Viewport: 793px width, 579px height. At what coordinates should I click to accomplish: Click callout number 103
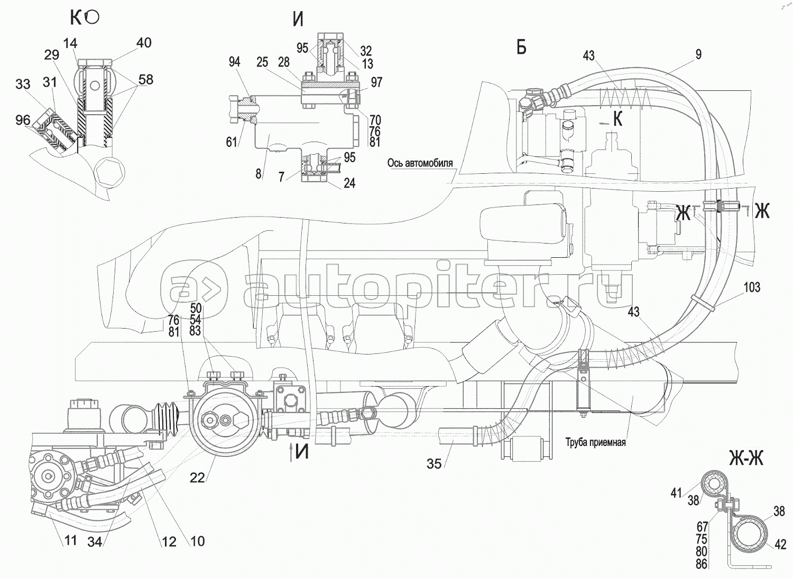coord(751,287)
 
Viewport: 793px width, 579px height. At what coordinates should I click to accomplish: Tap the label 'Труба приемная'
coord(595,442)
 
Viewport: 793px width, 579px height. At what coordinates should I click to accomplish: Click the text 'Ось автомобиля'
coord(420,163)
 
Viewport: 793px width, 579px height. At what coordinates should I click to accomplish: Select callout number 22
coord(197,478)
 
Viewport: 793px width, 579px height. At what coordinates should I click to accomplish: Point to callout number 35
coord(434,463)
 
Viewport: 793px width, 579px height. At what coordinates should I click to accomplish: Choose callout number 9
coord(698,54)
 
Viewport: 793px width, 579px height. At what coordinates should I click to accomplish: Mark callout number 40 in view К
coord(143,42)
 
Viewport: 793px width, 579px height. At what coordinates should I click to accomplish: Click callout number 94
coord(234,62)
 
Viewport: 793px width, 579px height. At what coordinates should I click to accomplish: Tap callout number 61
coord(231,142)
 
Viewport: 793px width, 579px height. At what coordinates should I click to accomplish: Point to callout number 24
coord(349,183)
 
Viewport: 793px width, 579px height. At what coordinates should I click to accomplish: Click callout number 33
coord(23,84)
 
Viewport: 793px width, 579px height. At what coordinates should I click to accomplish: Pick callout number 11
coord(70,540)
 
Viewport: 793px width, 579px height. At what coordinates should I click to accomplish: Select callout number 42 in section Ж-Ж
coord(781,545)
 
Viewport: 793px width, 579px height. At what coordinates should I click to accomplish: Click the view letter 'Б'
coord(521,48)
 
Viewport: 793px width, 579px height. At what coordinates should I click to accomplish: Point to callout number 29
coord(51,54)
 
